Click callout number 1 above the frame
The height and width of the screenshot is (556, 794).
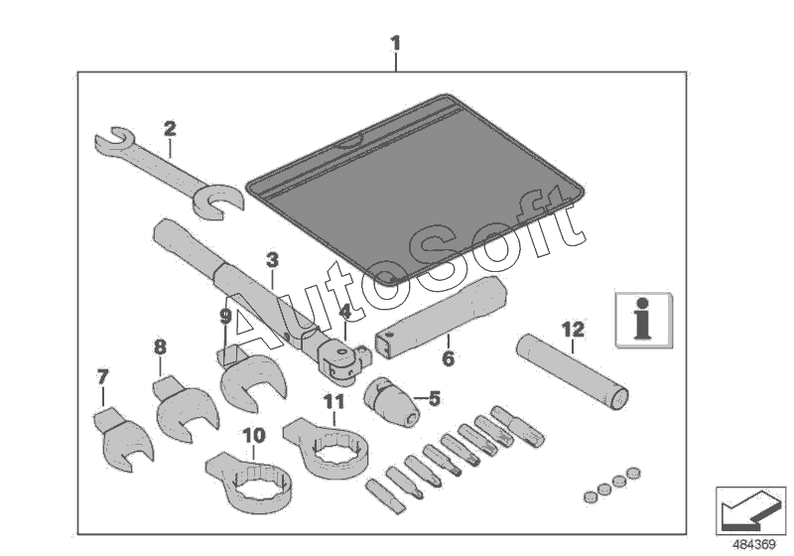tap(396, 44)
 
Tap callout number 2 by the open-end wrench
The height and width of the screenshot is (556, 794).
tap(170, 128)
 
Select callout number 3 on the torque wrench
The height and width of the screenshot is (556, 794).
tap(271, 260)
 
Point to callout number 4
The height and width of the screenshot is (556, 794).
tap(344, 310)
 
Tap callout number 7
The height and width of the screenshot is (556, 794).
tap(101, 377)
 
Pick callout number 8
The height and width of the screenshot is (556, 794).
tap(159, 347)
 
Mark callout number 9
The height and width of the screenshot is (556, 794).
tap(225, 317)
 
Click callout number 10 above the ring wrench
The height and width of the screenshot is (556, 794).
tap(253, 435)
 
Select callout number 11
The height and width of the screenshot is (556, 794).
tap(333, 402)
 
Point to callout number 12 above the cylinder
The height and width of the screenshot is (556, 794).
tap(573, 328)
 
